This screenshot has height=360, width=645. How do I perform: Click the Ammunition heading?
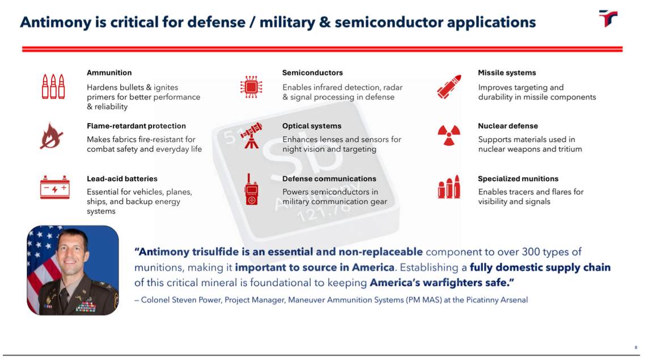click(109, 73)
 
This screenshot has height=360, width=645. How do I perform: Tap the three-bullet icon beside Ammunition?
click(53, 87)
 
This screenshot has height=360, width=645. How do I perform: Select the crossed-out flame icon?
click(52, 136)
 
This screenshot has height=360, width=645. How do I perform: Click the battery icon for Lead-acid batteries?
click(54, 188)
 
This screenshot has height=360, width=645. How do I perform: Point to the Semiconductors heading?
click(312, 73)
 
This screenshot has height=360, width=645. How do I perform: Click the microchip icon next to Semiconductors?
click(251, 87)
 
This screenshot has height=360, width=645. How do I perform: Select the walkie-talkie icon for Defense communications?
click(251, 190)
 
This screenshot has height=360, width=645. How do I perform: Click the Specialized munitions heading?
click(518, 179)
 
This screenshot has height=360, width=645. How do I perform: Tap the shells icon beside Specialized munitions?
click(449, 188)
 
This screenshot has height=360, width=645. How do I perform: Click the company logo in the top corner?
click(608, 18)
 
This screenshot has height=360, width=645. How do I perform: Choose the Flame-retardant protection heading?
click(136, 126)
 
